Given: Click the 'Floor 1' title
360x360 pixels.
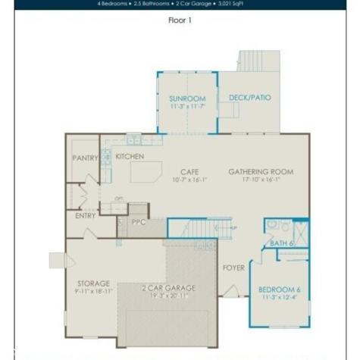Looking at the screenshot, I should point(180,20).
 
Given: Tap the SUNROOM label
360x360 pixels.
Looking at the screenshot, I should point(186,98).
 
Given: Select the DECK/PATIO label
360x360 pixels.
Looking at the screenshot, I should point(250,98).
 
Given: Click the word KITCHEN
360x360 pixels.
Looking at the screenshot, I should point(130,156).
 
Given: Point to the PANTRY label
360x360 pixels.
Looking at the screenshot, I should point(86,158).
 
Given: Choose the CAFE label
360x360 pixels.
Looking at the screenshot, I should point(189,172).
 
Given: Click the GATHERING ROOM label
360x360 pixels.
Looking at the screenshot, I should point(261,172).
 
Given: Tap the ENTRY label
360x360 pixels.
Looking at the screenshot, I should point(86,216).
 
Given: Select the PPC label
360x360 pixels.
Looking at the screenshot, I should point(139,223).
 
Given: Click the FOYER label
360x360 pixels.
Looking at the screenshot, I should point(233,268).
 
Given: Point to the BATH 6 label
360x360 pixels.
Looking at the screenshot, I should point(281,243).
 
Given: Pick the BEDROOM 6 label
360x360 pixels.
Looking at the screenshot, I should point(279,290).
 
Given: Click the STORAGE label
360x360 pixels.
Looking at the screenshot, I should point(92,283).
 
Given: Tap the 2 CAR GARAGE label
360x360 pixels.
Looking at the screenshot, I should point(168,288).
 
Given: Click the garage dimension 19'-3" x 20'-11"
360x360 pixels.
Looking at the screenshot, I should point(168,296).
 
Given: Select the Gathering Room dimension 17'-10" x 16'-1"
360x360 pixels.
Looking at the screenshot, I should point(261,180).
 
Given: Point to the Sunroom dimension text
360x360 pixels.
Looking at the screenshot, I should point(186,106).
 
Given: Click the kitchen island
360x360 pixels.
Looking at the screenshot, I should point(146,171).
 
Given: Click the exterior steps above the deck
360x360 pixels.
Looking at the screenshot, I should point(258,61).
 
